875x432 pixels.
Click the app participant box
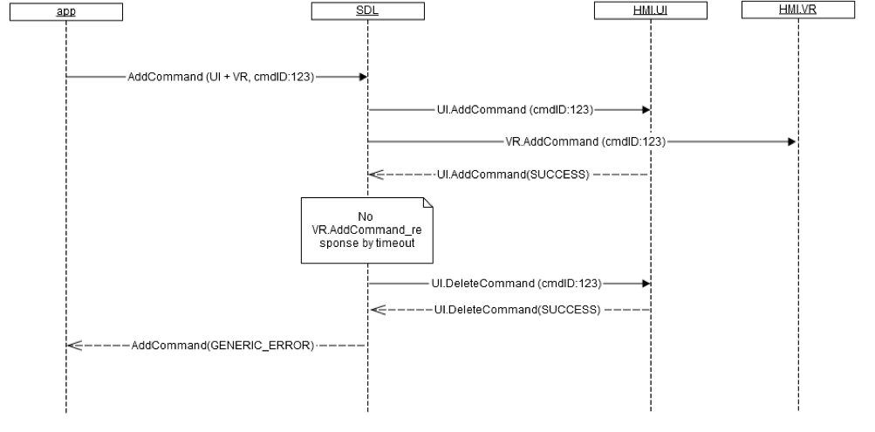point(66,11)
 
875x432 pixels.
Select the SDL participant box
point(367,11)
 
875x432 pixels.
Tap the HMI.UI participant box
point(650,11)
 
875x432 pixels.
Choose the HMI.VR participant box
point(798,11)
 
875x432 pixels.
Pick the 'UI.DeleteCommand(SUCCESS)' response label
point(516,310)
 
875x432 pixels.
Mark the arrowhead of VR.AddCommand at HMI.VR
point(792,141)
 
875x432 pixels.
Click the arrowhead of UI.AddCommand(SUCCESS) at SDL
point(374,175)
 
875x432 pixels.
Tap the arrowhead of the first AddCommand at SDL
point(362,77)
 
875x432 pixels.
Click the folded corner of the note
point(427,203)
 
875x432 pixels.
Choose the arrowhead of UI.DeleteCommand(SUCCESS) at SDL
point(374,310)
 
